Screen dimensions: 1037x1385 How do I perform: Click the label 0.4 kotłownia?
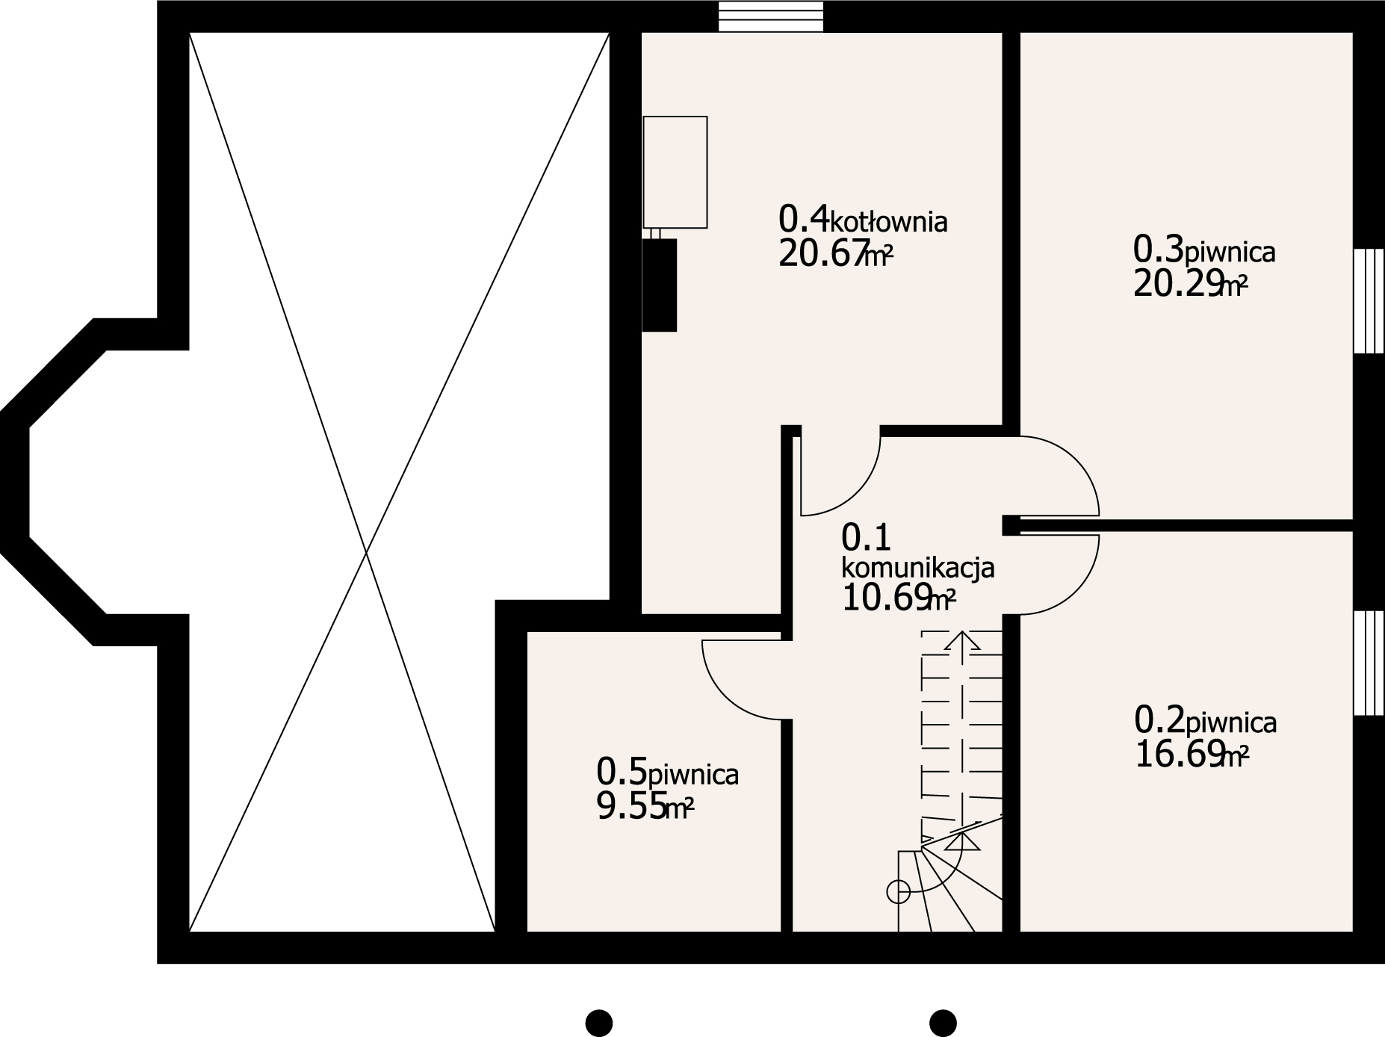coord(862,220)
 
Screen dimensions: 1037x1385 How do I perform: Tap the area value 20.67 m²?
coord(835,255)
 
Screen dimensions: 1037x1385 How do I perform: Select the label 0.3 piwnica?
coord(1203,250)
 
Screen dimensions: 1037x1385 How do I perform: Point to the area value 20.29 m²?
coord(1190,285)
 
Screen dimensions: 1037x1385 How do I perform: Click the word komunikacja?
coord(917,569)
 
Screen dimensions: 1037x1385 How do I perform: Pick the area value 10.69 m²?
coord(898,599)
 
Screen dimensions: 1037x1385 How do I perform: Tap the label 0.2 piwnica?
coord(1205,722)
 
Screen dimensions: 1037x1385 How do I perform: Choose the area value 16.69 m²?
coord(1191,755)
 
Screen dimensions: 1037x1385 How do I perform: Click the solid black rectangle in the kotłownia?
coord(660,285)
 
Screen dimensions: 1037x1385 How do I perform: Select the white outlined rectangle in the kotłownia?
coord(675,172)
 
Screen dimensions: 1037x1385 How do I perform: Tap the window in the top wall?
coord(770,16)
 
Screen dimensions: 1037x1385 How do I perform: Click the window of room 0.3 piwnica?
coord(1369,300)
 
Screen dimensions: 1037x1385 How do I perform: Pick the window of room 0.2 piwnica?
coord(1369,663)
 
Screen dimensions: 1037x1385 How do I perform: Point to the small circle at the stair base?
coord(897,891)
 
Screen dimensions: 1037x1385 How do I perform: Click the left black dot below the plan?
coord(598,1022)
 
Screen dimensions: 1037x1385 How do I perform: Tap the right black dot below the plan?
coord(943,1022)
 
